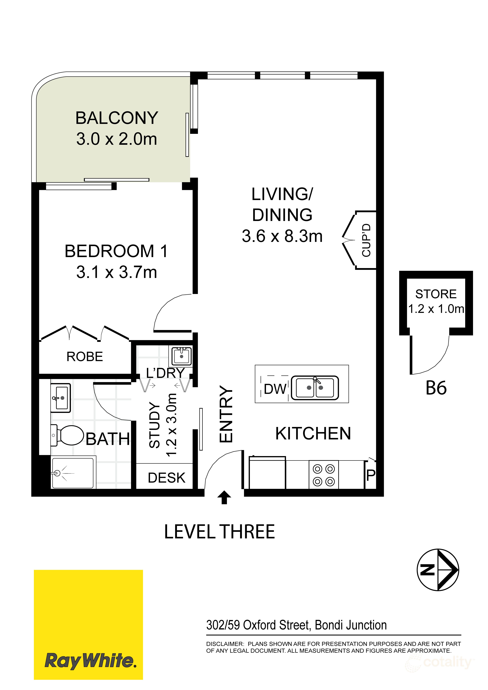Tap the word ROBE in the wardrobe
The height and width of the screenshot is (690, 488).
click(x=85, y=357)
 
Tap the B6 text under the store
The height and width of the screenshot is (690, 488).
click(x=436, y=388)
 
